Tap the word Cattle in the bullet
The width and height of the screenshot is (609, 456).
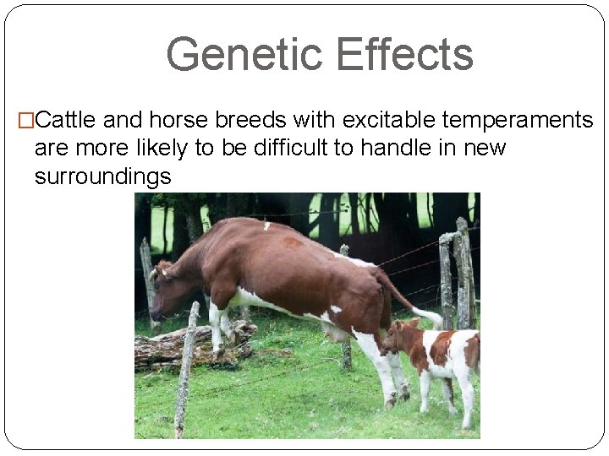click(70, 121)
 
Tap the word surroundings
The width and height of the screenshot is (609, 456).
click(102, 176)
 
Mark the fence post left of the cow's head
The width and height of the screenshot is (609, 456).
click(147, 270)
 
